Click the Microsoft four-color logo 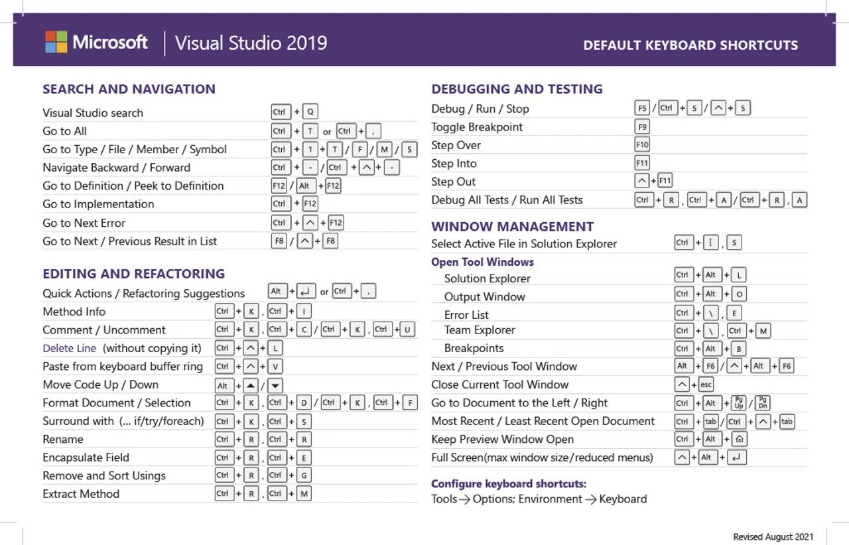tap(56, 42)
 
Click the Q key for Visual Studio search tap(310, 113)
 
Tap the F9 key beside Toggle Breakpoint tap(642, 127)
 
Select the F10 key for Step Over tap(642, 145)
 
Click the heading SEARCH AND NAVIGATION tap(129, 89)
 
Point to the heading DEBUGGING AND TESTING tap(517, 89)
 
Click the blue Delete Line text tap(70, 348)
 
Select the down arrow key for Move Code tap(276, 385)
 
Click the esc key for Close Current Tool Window tap(706, 385)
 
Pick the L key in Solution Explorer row tap(739, 275)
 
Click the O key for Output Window tap(739, 294)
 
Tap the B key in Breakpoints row tap(739, 349)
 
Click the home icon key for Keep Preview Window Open tap(739, 439)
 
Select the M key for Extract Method tap(304, 494)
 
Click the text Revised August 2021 tap(773, 536)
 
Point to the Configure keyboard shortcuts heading tap(509, 483)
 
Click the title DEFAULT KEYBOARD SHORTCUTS tap(690, 46)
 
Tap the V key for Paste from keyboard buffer tap(276, 367)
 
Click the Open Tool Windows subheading tap(482, 262)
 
